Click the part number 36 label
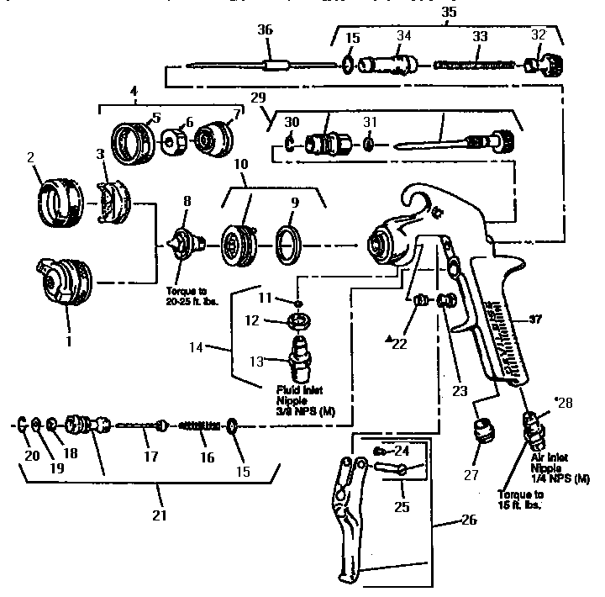266,29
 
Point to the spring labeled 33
476,64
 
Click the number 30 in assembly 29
292,122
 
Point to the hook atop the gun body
420,198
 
